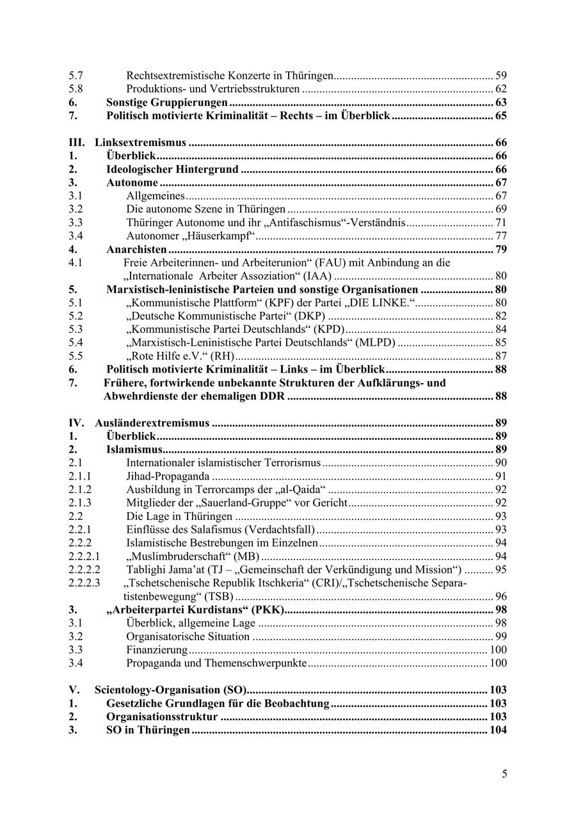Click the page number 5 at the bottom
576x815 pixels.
tap(504, 774)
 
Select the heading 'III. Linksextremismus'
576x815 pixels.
tap(128, 143)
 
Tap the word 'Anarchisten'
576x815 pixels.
tap(136, 250)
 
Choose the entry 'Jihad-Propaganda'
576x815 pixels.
tap(168, 476)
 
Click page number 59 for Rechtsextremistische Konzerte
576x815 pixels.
tap(501, 76)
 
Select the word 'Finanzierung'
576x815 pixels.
tap(156, 650)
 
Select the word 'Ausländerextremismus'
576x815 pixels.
tap(152, 423)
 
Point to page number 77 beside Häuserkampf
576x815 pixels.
tap(501, 236)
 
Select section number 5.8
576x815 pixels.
tap(76, 89)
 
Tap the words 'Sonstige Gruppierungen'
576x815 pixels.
tap(166, 102)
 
